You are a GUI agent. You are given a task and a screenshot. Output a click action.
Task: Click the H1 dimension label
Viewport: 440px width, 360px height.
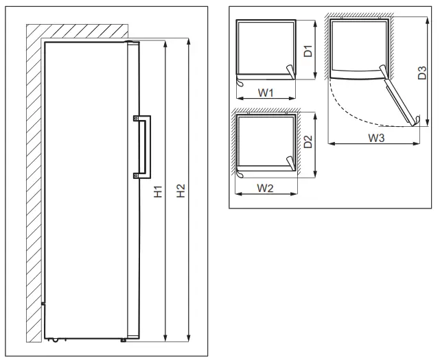coord(157,192)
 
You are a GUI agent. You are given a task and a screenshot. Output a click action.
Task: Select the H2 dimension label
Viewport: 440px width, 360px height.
coord(181,192)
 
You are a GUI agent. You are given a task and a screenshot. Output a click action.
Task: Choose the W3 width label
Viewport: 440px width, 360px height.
coord(375,139)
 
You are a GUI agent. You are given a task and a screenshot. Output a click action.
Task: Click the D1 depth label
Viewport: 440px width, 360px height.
coord(308,50)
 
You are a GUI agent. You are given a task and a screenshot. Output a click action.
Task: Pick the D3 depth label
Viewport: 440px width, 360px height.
coord(423,73)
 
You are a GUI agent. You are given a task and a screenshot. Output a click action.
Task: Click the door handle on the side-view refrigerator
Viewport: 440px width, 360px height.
coord(146,146)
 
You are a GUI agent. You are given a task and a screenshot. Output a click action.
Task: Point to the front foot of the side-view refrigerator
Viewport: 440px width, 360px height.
coord(123,338)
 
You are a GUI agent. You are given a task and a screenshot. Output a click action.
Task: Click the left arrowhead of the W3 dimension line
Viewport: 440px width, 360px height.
coord(330,143)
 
